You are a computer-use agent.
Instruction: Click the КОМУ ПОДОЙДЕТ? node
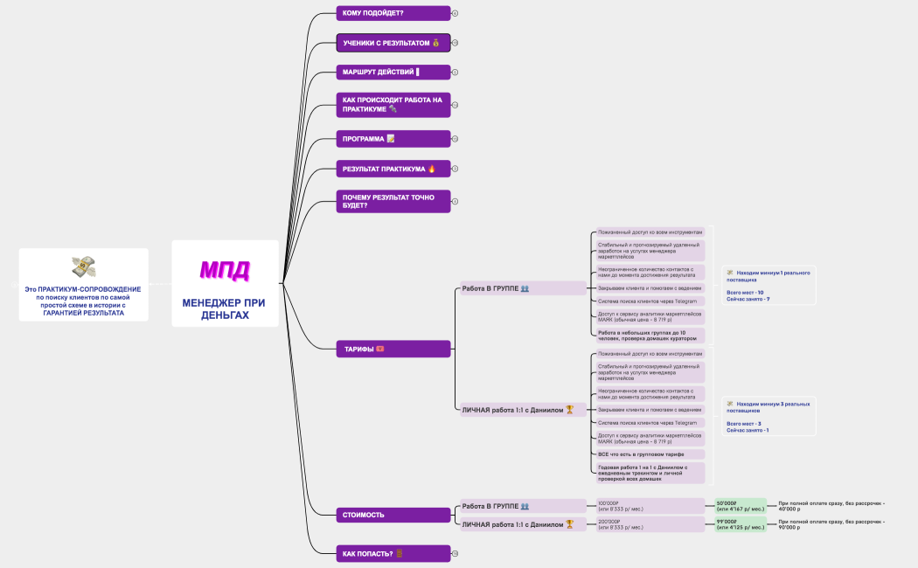(x=393, y=13)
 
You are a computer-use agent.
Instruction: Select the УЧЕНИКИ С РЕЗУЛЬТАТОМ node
(x=393, y=42)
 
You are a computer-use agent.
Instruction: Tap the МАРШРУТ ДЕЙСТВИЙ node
(x=393, y=72)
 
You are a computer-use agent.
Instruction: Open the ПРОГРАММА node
(x=393, y=139)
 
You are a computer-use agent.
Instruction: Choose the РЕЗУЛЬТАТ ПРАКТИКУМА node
(x=393, y=169)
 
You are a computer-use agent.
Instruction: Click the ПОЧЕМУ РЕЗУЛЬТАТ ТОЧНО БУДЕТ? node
(x=393, y=201)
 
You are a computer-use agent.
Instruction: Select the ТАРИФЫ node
(x=393, y=349)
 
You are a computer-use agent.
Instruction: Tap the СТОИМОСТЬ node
(x=393, y=515)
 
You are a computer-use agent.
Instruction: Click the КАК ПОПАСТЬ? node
(x=393, y=553)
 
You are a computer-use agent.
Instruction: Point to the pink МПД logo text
(x=225, y=269)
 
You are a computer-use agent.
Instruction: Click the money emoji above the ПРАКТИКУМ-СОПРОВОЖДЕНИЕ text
(x=84, y=267)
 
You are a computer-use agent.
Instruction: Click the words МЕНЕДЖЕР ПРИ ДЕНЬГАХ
(x=225, y=308)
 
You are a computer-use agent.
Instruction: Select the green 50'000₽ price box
(x=740, y=506)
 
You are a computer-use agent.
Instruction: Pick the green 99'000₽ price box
(x=740, y=524)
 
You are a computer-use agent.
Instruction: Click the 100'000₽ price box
(x=650, y=506)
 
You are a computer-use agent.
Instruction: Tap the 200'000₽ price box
(x=650, y=524)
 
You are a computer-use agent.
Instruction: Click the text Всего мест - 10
(x=746, y=292)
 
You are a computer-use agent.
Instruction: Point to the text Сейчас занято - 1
(x=748, y=430)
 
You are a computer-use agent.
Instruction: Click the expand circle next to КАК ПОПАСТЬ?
(x=456, y=553)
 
